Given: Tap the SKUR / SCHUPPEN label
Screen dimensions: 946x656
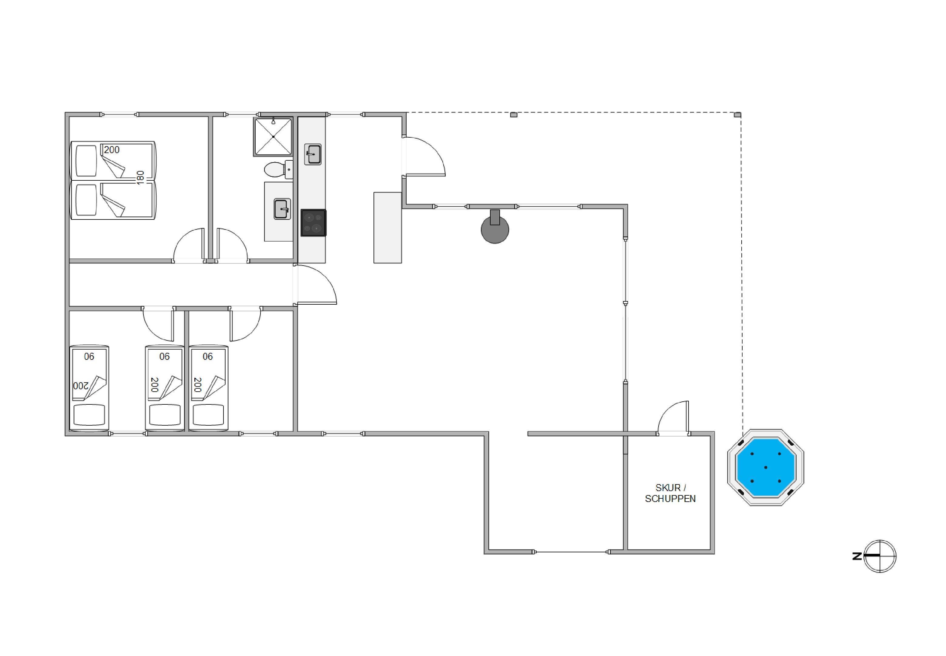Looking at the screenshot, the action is click(670, 493).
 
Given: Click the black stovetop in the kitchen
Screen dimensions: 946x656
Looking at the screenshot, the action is click(313, 223).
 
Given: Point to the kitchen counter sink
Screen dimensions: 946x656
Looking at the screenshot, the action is click(313, 154).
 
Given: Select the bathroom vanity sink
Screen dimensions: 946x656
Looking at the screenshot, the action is click(283, 209).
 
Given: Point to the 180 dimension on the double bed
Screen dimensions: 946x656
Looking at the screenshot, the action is click(140, 178).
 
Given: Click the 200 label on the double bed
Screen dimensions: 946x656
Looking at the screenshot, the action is click(111, 150).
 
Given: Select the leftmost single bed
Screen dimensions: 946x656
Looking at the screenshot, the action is click(89, 388).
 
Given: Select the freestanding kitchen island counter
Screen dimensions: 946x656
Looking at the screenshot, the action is click(387, 227).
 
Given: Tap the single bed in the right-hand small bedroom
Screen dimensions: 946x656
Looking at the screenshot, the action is click(208, 388).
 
